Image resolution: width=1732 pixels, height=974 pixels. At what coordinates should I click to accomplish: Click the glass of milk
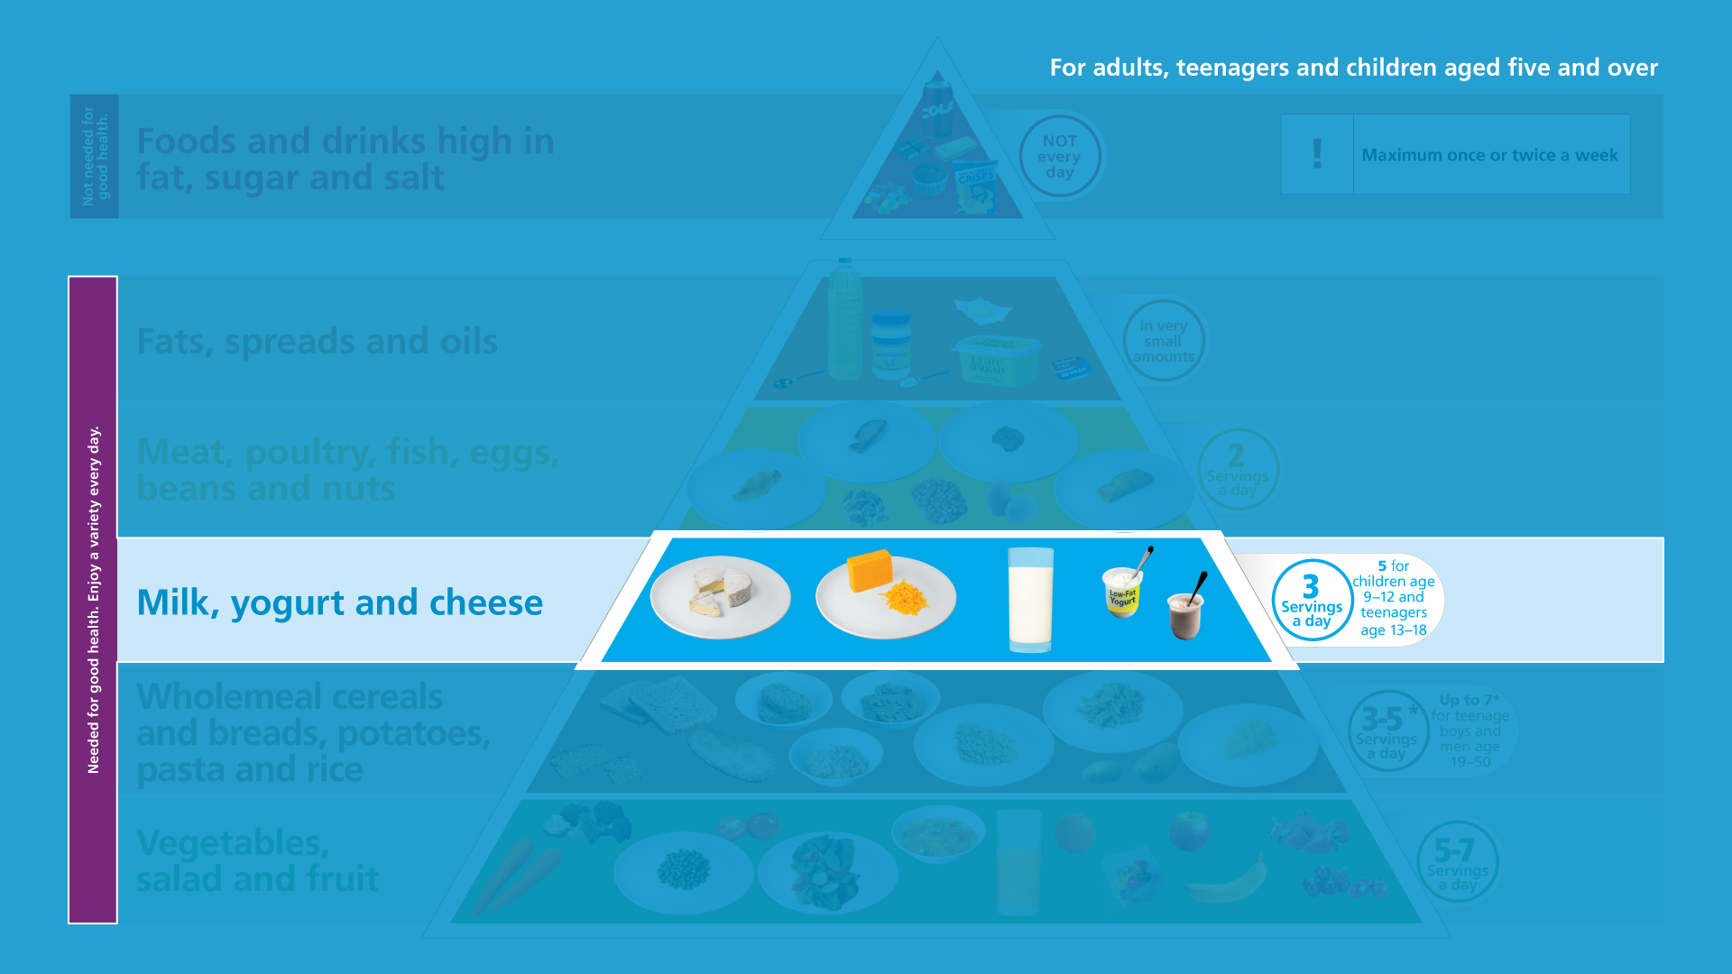click(x=1030, y=599)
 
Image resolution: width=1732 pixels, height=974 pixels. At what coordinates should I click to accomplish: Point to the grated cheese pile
click(x=904, y=598)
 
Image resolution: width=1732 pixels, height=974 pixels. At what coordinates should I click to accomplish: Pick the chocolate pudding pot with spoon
click(x=1185, y=616)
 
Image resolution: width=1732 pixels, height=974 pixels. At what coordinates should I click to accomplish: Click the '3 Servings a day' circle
click(x=1312, y=601)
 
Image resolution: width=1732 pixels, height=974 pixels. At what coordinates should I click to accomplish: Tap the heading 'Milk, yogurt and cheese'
click(x=339, y=602)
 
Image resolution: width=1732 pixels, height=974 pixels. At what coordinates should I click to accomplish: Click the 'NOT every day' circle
click(x=1059, y=157)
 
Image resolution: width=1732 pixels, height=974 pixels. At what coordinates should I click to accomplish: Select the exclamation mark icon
click(x=1317, y=154)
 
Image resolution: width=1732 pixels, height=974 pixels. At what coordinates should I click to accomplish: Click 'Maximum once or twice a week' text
click(x=1489, y=155)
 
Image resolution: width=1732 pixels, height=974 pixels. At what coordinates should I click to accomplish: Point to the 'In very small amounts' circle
click(x=1163, y=341)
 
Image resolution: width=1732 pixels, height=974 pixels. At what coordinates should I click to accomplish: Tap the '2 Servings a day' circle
click(x=1238, y=470)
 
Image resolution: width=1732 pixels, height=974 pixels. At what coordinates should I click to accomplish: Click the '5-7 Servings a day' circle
click(x=1457, y=862)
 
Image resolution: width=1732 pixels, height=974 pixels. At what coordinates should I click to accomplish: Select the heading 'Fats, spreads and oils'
click(x=317, y=342)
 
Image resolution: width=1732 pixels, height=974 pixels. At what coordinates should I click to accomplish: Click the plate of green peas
click(x=683, y=871)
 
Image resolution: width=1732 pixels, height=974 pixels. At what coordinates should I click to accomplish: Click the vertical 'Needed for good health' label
click(x=93, y=600)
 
